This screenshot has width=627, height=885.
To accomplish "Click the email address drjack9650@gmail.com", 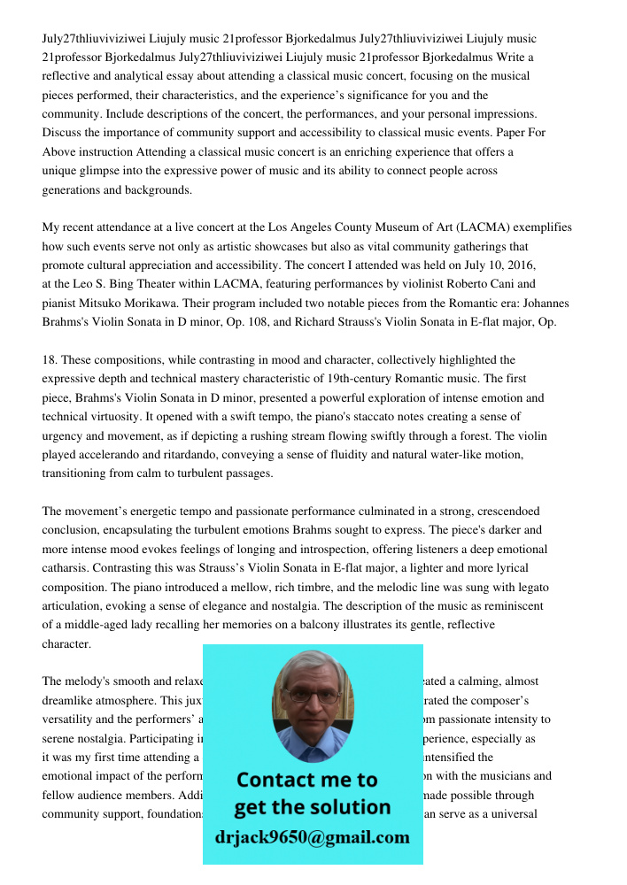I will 313,837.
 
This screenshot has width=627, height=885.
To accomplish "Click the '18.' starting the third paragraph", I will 50,360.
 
